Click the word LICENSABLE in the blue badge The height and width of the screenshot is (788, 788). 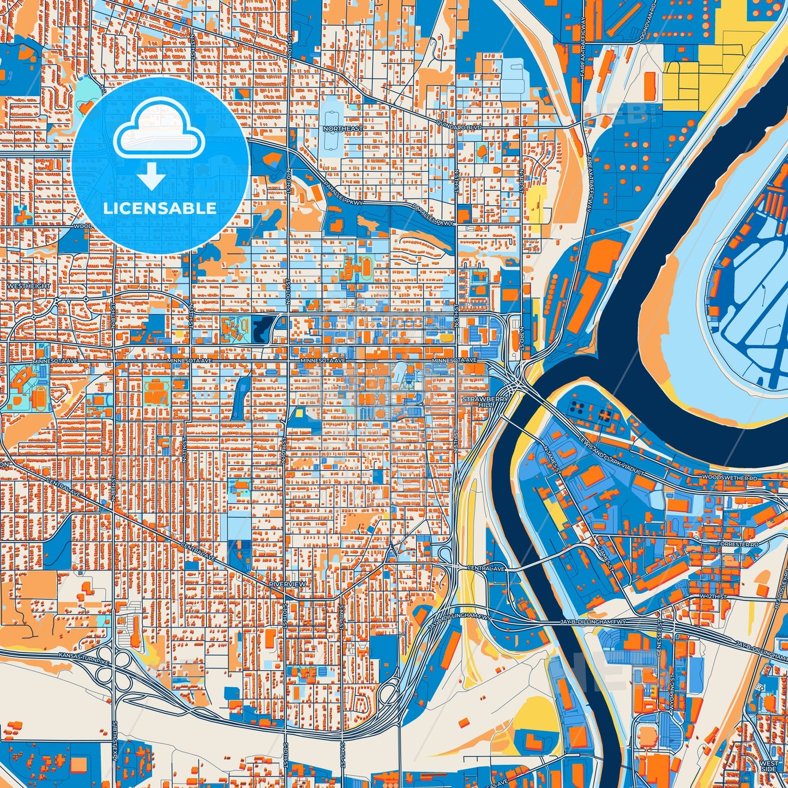(x=160, y=208)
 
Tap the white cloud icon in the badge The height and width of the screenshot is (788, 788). (x=159, y=131)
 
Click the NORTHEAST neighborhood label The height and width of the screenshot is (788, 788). (x=342, y=129)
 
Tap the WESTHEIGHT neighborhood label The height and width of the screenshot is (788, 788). (x=29, y=286)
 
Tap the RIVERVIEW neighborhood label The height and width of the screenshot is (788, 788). (x=287, y=584)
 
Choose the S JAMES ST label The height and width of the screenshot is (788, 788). (x=606, y=556)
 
